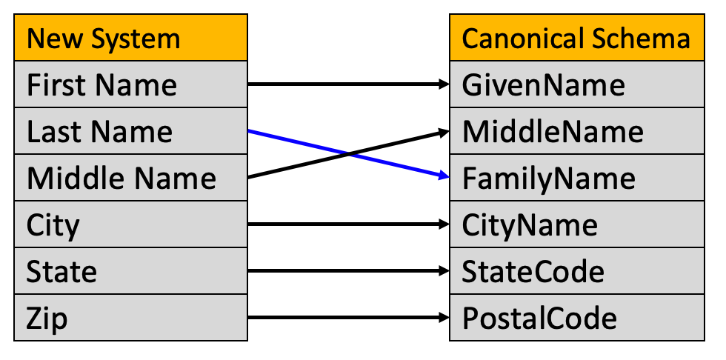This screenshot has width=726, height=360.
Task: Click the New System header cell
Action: [x=130, y=38]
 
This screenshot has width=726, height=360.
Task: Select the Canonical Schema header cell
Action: [x=577, y=38]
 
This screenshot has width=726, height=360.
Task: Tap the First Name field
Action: [x=130, y=84]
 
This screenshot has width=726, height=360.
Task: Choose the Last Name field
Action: [x=130, y=131]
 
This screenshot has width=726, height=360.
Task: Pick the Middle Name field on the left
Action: [x=130, y=178]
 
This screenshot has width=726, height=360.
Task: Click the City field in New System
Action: [x=130, y=224]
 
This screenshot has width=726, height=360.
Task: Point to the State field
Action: [x=130, y=270]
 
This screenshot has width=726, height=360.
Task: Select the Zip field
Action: [x=130, y=318]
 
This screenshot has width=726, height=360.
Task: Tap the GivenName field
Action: [x=577, y=84]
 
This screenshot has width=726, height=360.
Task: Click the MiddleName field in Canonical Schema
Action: [x=577, y=131]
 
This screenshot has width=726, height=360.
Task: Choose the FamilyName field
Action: [x=577, y=178]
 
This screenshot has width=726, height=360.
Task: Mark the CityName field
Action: [x=577, y=224]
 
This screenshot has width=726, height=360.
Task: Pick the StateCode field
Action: [x=577, y=270]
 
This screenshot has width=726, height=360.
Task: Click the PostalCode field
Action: [x=577, y=318]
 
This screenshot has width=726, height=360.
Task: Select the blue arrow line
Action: [x=349, y=153]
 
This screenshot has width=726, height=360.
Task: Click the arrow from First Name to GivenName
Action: [x=349, y=84]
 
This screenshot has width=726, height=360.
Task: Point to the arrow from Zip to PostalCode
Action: [x=349, y=318]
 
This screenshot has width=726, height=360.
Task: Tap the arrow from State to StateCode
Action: [x=349, y=270]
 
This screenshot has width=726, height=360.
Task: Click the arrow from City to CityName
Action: [x=349, y=224]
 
